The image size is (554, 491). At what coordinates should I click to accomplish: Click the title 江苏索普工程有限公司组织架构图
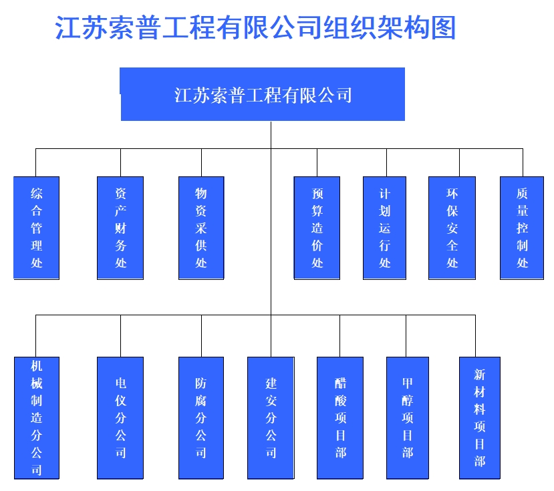[256, 29]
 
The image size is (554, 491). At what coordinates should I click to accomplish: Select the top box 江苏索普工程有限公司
[263, 94]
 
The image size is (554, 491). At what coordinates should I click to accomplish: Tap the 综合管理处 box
[37, 228]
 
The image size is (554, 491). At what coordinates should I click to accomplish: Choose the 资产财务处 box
[120, 228]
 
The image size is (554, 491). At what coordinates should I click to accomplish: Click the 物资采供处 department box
[201, 228]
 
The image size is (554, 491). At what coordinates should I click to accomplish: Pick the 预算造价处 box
[317, 228]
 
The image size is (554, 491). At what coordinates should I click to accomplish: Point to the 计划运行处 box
[384, 228]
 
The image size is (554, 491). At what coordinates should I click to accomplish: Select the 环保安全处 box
[452, 228]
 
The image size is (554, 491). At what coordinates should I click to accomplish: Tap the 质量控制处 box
[522, 228]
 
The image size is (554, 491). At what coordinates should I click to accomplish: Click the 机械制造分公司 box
[37, 418]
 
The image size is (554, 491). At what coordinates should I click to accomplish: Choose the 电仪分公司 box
[120, 418]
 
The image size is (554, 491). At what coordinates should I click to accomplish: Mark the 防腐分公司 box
[201, 418]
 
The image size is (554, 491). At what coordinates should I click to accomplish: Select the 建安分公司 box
[271, 418]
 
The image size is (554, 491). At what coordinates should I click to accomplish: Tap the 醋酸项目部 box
[340, 418]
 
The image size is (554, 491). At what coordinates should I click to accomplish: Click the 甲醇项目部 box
[408, 418]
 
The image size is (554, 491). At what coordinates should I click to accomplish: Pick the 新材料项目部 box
[480, 418]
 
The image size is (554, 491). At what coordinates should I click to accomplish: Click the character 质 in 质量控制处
[522, 194]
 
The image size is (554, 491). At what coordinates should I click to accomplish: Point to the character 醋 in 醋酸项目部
[341, 383]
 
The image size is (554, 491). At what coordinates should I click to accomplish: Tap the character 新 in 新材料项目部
[480, 374]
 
